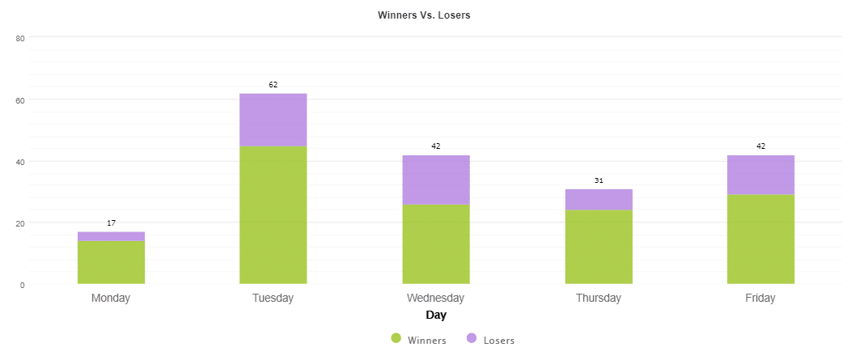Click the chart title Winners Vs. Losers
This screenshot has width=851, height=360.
[424, 15]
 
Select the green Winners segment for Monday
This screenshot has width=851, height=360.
[111, 262]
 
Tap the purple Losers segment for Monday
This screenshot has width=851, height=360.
[111, 236]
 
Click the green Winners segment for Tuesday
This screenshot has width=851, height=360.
[273, 215]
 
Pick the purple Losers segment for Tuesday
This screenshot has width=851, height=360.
[273, 120]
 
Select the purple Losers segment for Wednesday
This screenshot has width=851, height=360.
[436, 180]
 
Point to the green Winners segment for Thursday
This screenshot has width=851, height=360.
[599, 247]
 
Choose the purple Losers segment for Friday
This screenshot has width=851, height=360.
[760, 175]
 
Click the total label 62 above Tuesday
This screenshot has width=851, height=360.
[273, 84]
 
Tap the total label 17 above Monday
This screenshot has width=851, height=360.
[111, 222]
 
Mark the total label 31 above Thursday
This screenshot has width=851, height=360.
[599, 180]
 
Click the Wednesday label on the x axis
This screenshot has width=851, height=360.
[436, 298]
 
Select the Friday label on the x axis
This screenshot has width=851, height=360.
[760, 298]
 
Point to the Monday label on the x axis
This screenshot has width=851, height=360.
[111, 298]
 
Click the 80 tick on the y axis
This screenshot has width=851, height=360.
[20, 38]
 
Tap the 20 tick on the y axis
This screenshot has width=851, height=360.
[20, 223]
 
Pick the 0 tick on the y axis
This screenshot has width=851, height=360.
[22, 285]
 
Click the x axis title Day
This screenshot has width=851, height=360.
[436, 315]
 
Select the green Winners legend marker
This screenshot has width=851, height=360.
[396, 338]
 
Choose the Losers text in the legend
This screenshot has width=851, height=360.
[498, 341]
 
